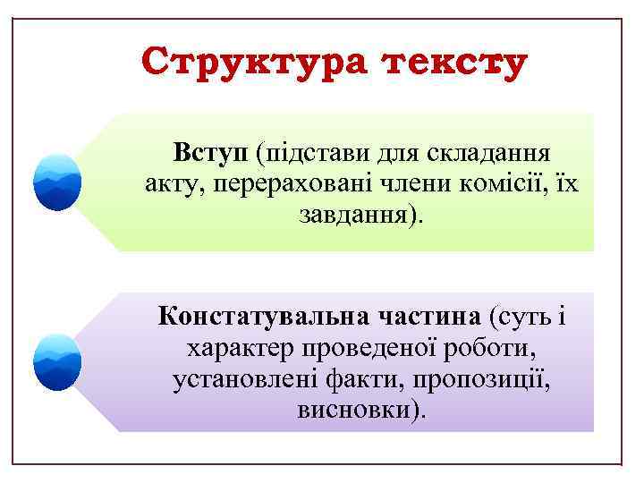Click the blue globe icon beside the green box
[57, 181]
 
